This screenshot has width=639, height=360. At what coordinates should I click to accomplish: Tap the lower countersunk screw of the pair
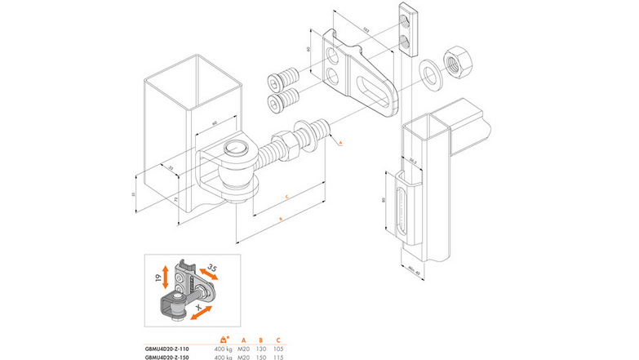tap(282, 103)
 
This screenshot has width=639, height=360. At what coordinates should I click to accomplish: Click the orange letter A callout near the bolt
tap(339, 143)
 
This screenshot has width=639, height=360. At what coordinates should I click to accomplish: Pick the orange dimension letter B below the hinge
tap(281, 220)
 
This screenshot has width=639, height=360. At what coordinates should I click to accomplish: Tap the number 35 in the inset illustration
tap(211, 268)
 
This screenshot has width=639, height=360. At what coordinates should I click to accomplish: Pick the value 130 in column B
tap(260, 347)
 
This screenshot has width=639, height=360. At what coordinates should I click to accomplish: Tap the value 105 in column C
tap(279, 347)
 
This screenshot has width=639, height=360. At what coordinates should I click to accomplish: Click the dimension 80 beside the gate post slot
tap(383, 199)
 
